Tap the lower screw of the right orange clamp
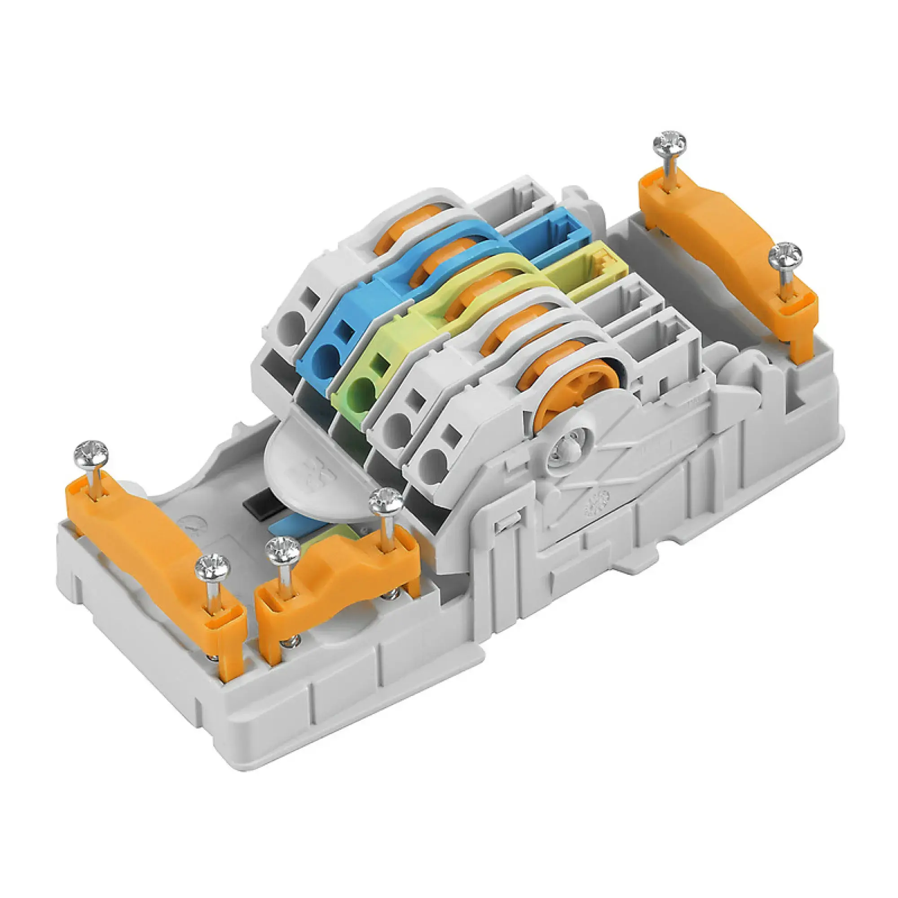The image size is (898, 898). coord(785,255)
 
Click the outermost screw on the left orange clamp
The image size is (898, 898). coord(92,453)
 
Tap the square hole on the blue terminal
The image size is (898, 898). coord(344,330)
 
